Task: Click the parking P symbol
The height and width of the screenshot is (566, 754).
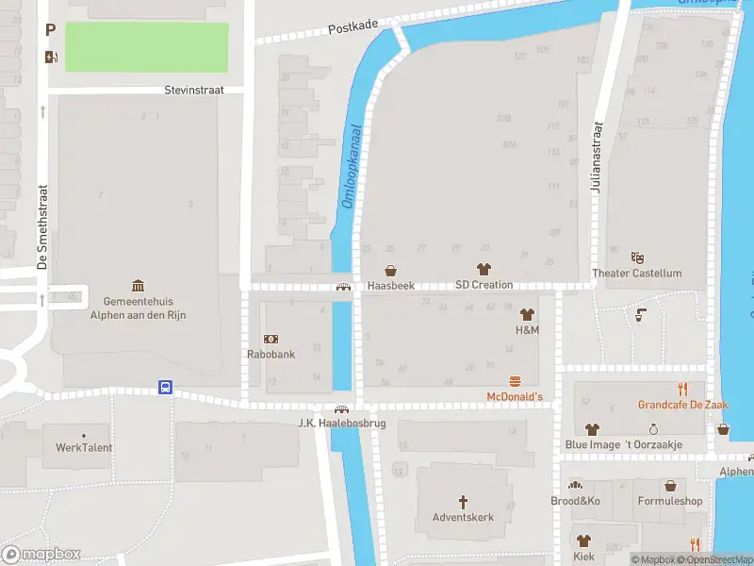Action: [x=50, y=31]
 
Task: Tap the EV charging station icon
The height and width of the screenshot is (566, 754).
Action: [x=50, y=57]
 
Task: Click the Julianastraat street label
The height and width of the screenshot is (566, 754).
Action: [x=596, y=157]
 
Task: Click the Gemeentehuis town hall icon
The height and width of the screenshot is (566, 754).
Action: [x=139, y=286]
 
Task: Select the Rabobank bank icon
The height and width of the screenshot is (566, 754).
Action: [x=271, y=339]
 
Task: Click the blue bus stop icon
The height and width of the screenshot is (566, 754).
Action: [x=165, y=387]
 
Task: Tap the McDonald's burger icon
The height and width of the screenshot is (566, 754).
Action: [x=515, y=381]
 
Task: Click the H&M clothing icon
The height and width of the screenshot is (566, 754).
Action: [x=527, y=314]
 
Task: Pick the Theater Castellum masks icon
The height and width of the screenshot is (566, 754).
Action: [x=636, y=257]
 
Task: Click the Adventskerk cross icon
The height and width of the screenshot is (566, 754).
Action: [x=463, y=501]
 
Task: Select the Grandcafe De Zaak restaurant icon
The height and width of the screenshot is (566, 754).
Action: [x=681, y=389]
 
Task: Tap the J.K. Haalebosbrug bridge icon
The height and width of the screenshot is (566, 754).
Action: [x=342, y=408]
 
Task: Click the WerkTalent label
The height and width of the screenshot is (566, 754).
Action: [x=84, y=447]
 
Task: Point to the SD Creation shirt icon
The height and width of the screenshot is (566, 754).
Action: [x=484, y=269]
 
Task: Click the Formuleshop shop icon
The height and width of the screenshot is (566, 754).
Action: [x=670, y=486]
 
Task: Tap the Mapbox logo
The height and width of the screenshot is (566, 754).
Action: [x=41, y=555]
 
